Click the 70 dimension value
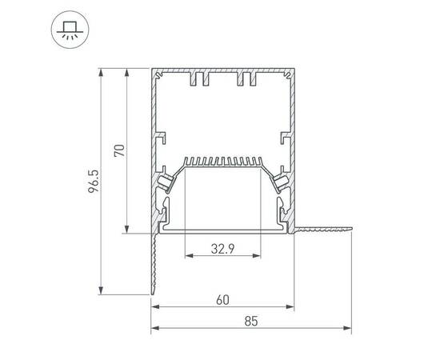120,150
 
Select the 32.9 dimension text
222,247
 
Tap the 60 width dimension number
222,300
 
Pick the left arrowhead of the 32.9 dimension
188,257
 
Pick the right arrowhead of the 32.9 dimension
258,257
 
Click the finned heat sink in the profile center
223,162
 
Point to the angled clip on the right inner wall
281,182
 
